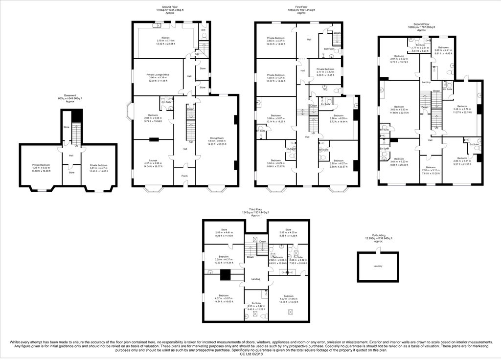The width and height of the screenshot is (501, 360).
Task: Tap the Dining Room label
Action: [217, 138]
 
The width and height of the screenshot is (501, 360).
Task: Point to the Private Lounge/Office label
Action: [157, 74]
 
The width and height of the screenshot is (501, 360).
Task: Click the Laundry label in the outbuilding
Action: [378, 266]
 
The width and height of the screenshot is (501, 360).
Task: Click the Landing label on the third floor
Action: [255, 279]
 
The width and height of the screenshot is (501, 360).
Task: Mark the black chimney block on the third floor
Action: [225, 275]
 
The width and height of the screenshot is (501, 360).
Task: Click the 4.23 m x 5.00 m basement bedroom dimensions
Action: [41, 169]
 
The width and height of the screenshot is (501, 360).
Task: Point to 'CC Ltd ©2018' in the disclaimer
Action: [250, 354]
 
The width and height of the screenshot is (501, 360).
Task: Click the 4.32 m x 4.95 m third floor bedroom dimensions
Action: [288, 299]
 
